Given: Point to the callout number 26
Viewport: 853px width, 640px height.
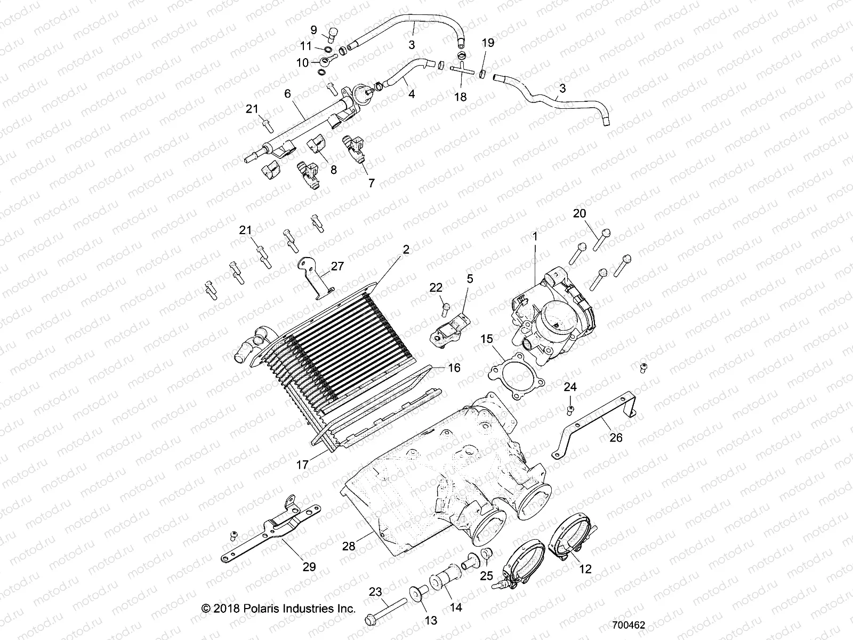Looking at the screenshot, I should coord(616,438).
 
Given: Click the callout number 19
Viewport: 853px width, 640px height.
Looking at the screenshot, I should coord(488,43).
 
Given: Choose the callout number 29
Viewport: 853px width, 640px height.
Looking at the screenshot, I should coord(309,567).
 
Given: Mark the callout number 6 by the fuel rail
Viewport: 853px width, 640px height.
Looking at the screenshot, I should coord(287,93).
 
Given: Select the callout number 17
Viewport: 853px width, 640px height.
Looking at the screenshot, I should coord(302,465).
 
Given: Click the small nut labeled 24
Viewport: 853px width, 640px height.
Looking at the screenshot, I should coord(570,409).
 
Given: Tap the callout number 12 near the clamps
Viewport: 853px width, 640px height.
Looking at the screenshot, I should coord(585,569).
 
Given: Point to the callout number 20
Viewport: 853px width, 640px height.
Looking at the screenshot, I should coord(579,213).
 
